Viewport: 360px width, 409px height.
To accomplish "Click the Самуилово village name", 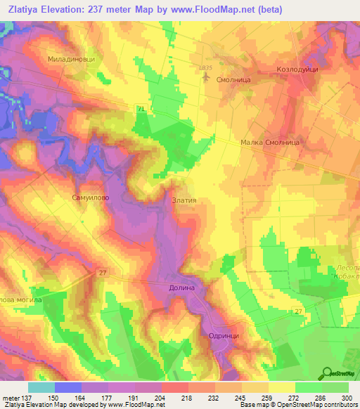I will pos(89,197).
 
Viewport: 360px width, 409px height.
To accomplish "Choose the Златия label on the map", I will pos(184,200).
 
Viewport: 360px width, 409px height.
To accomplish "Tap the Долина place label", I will pos(181,287).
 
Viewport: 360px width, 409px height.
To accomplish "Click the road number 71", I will pos(141,108).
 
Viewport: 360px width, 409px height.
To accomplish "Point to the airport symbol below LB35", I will pos(205,76).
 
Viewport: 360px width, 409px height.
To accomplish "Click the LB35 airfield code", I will pos(205,67).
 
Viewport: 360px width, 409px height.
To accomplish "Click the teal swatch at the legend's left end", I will pos(41,387).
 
